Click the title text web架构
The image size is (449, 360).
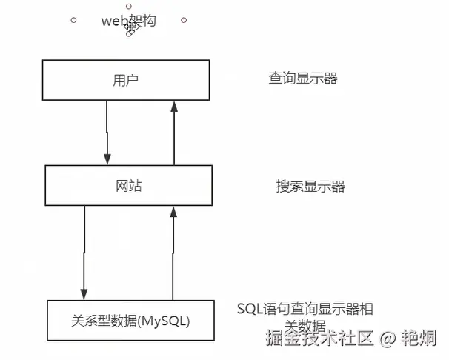point(128,21)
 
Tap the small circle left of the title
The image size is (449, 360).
point(73,20)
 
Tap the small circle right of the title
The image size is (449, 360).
point(183,20)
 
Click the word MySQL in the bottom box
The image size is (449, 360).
point(167,321)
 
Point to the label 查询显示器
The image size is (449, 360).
point(302,79)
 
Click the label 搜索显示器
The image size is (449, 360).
point(310,186)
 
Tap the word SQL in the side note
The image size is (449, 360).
point(251,308)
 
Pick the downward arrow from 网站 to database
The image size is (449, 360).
point(84,252)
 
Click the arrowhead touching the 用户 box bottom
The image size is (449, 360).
point(175,107)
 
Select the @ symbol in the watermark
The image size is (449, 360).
point(386,340)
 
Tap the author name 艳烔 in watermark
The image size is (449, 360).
point(419,339)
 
